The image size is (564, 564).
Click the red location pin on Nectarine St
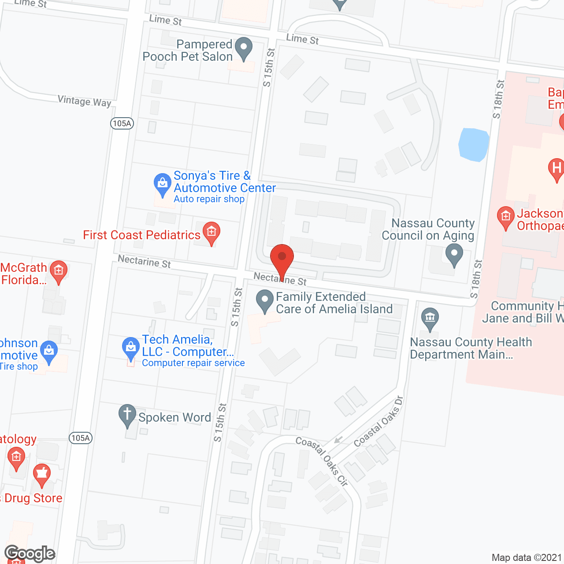click(282, 258)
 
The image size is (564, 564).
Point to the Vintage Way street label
click(84, 101)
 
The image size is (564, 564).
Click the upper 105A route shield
click(122, 123)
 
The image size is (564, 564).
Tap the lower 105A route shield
click(81, 438)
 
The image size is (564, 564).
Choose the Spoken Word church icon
click(127, 415)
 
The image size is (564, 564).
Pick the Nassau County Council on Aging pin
click(454, 255)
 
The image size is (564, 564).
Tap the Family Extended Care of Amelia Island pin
click(265, 301)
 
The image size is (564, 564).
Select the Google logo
click(30, 553)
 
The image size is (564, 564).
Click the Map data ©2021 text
click(527, 557)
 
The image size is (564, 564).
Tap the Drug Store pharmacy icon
click(42, 474)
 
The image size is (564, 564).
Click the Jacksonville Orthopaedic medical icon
click(505, 217)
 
